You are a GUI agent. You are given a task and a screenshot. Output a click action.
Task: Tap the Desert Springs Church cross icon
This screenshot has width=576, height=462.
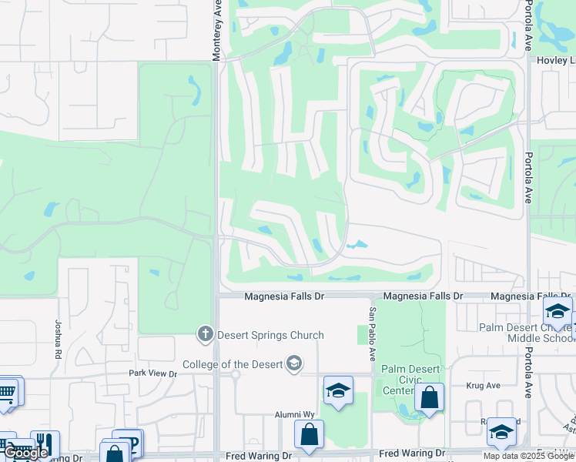coord(204,334)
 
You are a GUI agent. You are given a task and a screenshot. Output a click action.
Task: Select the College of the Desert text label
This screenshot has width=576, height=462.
coord(232,364)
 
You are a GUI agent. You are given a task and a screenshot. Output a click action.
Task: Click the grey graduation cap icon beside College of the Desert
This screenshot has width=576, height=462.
coord(293,363)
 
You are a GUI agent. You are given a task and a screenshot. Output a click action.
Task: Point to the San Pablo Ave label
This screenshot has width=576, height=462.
coord(372,334)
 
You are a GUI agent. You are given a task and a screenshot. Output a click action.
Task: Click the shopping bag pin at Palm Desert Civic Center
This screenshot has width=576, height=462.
coord(429,398)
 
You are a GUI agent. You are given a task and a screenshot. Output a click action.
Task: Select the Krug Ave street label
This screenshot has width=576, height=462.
coord(483,384)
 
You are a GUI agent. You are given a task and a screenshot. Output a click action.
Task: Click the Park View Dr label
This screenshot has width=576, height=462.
coord(152,374)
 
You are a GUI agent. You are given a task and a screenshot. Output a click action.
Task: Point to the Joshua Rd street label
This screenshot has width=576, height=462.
coord(59,341)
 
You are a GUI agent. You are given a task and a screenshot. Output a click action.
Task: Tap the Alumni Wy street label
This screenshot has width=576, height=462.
coord(296,414)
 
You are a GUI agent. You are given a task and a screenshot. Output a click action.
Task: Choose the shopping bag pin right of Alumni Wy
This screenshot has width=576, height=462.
coord(309,434)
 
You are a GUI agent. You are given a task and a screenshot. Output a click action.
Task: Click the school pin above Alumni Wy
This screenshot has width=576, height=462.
coord(337,391)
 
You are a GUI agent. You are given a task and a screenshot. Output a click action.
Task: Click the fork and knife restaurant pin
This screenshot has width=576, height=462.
coord(44,444)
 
